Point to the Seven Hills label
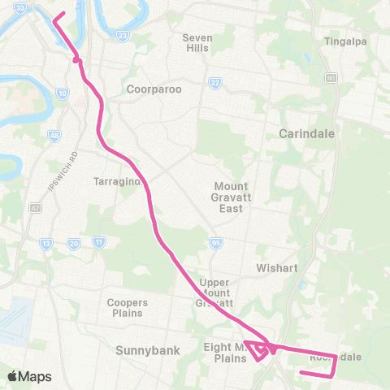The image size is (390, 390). pos(196,42)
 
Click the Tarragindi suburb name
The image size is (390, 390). pos(119,181)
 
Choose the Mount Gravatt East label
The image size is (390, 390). pos(231,197)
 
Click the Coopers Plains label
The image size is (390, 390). pos(126,307)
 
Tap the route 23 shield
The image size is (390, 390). pos(123,36)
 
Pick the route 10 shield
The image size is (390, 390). pos(63,94)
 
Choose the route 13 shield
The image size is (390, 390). pos(46,243)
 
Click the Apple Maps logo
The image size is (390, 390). pos(29,376)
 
